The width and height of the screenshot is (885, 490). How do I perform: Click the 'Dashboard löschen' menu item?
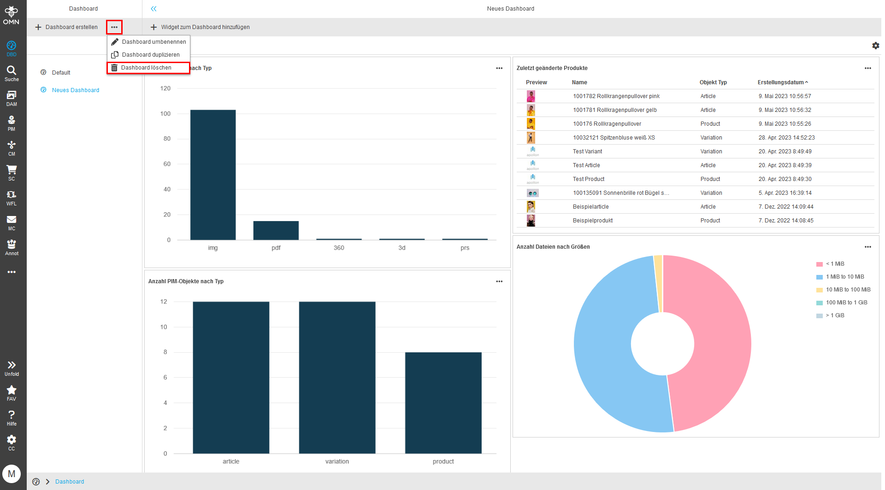(146, 68)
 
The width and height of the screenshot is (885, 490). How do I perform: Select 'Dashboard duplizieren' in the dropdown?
(150, 55)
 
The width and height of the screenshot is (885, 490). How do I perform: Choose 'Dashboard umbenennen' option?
(153, 42)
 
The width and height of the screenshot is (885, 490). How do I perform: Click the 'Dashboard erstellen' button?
(66, 27)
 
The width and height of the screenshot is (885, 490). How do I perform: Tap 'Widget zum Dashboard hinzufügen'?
(200, 27)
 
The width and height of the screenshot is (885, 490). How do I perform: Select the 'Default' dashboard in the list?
(61, 73)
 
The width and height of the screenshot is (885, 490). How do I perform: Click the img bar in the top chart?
(213, 175)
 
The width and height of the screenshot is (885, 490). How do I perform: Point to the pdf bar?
(276, 230)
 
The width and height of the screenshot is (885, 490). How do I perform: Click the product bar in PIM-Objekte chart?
(443, 403)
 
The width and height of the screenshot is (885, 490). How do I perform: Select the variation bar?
(337, 378)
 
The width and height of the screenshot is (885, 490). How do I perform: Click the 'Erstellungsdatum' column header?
(780, 82)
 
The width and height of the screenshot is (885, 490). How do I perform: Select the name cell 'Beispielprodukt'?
(593, 221)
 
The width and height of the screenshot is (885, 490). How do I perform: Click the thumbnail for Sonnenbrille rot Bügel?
(532, 193)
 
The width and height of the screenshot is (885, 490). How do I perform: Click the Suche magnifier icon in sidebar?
(12, 70)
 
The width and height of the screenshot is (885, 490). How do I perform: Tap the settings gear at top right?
(875, 46)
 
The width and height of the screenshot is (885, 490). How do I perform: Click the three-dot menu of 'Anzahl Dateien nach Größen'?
(867, 247)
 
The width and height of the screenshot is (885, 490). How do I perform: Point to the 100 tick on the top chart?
(165, 114)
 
